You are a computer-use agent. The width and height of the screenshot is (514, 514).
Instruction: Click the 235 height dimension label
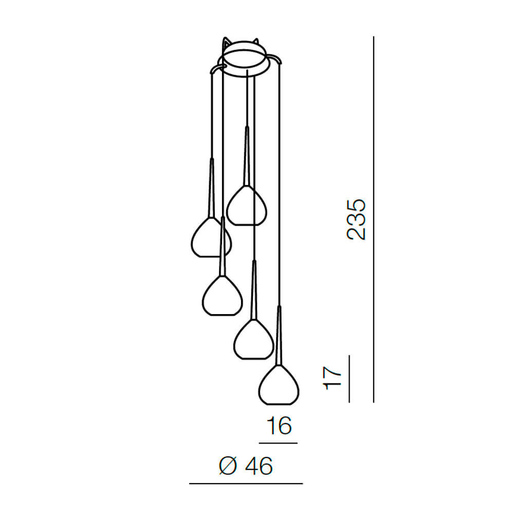(356, 219)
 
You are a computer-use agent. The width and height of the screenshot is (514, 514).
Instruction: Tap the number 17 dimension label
(332, 378)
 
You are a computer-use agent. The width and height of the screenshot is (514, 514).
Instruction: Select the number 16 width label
(279, 425)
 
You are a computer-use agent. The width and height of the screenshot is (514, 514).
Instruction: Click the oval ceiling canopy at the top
(244, 59)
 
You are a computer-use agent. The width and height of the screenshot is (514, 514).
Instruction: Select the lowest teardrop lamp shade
(279, 384)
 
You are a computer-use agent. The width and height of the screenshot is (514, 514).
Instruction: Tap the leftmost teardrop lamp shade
(211, 236)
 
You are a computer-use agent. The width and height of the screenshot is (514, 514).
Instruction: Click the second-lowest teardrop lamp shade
(253, 339)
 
